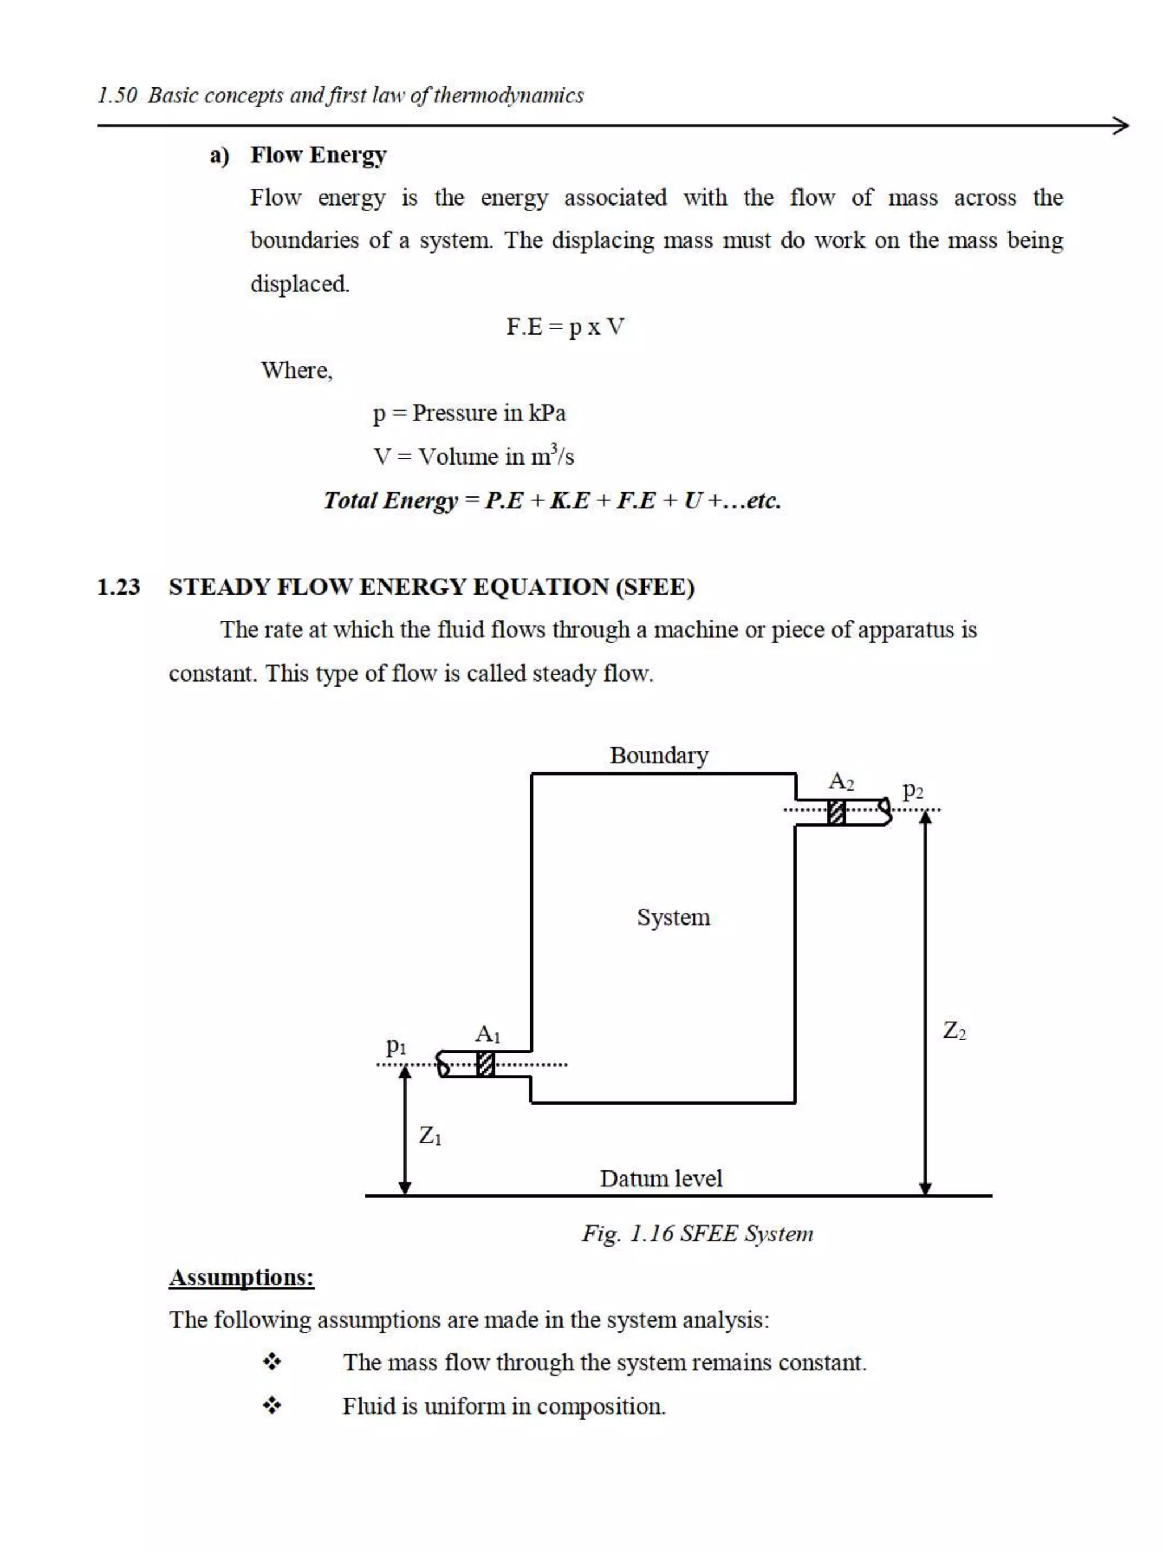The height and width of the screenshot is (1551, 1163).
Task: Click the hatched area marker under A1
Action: tap(485, 1064)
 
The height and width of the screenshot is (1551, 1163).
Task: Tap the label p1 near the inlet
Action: tap(396, 1047)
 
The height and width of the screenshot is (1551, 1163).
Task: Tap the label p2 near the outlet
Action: tap(912, 791)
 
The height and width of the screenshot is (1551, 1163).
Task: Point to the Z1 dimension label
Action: tap(430, 1135)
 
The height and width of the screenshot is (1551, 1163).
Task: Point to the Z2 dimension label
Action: tap(954, 1030)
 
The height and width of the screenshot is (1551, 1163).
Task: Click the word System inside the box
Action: tap(673, 917)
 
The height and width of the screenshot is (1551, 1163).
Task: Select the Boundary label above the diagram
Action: tap(658, 755)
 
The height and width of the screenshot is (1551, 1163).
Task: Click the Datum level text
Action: tap(660, 1178)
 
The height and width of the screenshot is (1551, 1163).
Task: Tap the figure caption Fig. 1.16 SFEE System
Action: tap(697, 1234)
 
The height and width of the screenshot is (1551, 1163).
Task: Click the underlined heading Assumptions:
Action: tap(241, 1277)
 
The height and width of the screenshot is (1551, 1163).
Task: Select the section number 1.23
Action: tap(119, 586)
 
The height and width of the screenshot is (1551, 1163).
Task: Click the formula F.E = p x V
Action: tap(565, 327)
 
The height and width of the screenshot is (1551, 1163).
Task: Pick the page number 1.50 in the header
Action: tap(117, 95)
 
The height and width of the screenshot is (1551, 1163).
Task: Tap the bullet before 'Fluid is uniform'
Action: tap(272, 1405)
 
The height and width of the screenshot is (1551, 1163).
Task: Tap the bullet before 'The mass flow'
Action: tap(272, 1362)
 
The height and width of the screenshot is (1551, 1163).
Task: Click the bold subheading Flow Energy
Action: tap(318, 155)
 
